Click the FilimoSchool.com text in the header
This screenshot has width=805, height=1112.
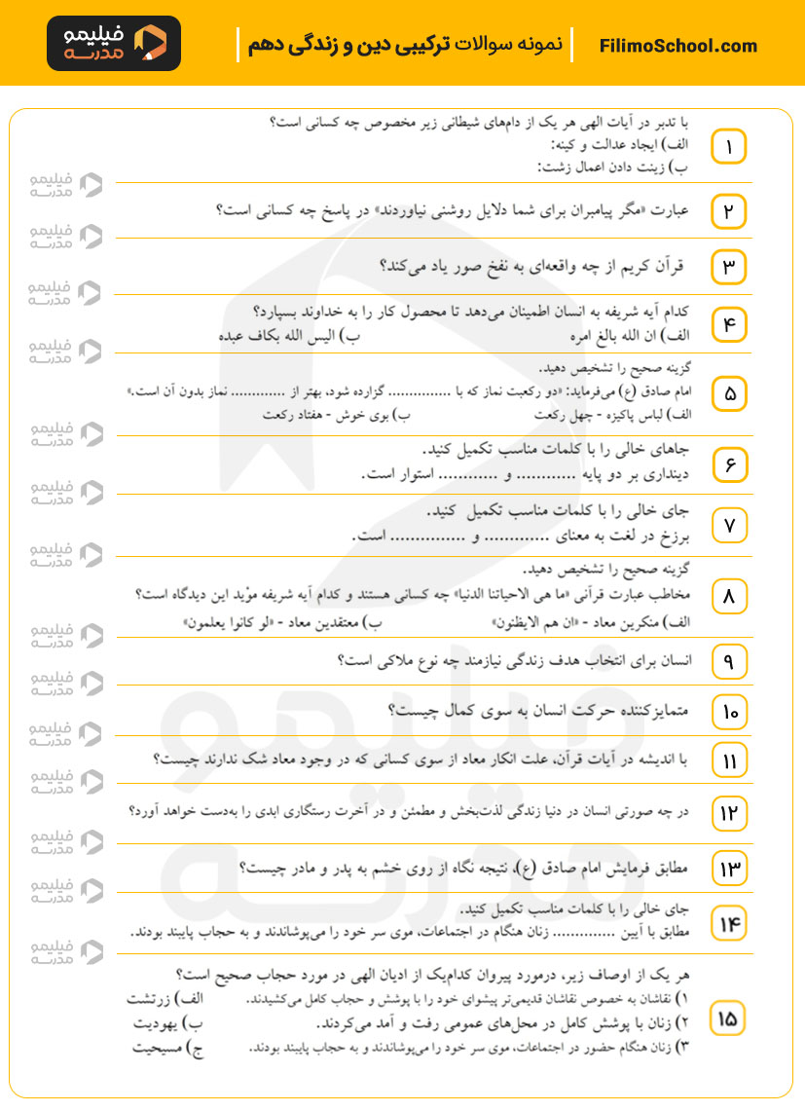click(x=678, y=46)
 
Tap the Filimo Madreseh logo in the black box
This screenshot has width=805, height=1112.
click(x=113, y=44)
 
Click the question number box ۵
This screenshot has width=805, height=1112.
click(x=728, y=394)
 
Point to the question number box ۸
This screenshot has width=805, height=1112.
click(x=728, y=596)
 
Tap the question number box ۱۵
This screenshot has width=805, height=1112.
click(x=728, y=1019)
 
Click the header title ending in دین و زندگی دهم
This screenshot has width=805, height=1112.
click(x=403, y=46)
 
